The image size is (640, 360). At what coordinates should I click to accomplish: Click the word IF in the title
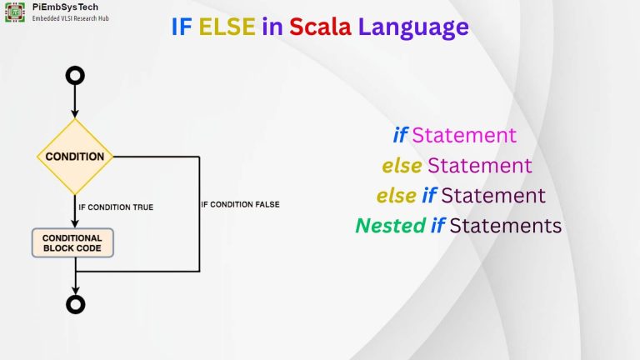click(x=181, y=27)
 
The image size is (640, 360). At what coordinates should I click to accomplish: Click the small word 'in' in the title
click(x=272, y=27)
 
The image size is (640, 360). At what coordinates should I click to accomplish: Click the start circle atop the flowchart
click(x=76, y=76)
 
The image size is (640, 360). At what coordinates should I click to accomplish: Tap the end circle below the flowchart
click(x=76, y=304)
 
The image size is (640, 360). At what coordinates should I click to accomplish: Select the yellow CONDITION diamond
click(x=75, y=157)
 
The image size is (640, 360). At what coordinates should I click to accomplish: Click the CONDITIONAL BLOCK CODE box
click(x=72, y=243)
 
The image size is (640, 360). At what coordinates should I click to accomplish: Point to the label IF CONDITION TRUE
click(x=115, y=207)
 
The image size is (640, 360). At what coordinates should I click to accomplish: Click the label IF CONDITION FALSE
click(x=240, y=204)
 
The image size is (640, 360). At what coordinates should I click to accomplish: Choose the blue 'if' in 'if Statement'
click(x=401, y=135)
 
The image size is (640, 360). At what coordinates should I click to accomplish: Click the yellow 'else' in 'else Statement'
click(x=402, y=165)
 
